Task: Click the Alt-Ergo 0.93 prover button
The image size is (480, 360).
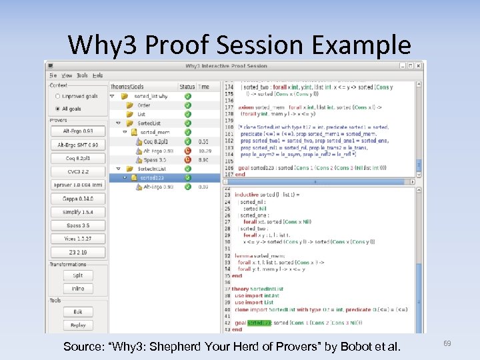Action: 78,131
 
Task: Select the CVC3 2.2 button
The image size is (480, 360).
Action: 78,171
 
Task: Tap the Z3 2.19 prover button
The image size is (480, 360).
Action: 78,253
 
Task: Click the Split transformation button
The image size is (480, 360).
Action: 78,275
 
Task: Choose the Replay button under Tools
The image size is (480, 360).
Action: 78,325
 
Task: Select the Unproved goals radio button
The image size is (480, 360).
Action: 57,96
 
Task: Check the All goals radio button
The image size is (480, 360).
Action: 57,108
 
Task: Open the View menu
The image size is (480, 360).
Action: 67,75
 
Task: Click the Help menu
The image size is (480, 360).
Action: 98,75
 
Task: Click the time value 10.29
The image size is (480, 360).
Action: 203,151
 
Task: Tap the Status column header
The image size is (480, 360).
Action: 187,87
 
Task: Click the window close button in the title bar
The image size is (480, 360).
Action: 418,66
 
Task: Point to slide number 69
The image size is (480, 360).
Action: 447,343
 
